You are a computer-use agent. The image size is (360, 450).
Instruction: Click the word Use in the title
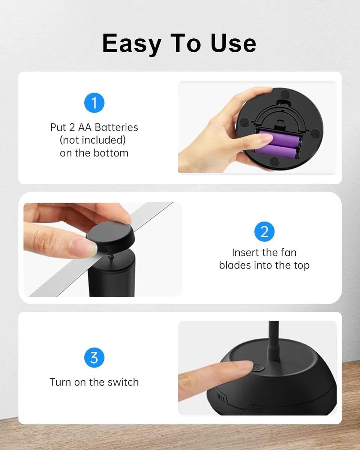click(234, 43)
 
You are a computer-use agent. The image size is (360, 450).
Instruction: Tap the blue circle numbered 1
click(94, 103)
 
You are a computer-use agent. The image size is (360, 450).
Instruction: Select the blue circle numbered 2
click(264, 231)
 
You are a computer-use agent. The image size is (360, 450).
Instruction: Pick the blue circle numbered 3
click(94, 358)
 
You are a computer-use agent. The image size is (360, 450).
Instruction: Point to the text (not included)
click(93, 140)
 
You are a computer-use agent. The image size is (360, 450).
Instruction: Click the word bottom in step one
click(111, 153)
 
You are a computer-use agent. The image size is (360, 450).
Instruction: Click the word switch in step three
click(123, 382)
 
